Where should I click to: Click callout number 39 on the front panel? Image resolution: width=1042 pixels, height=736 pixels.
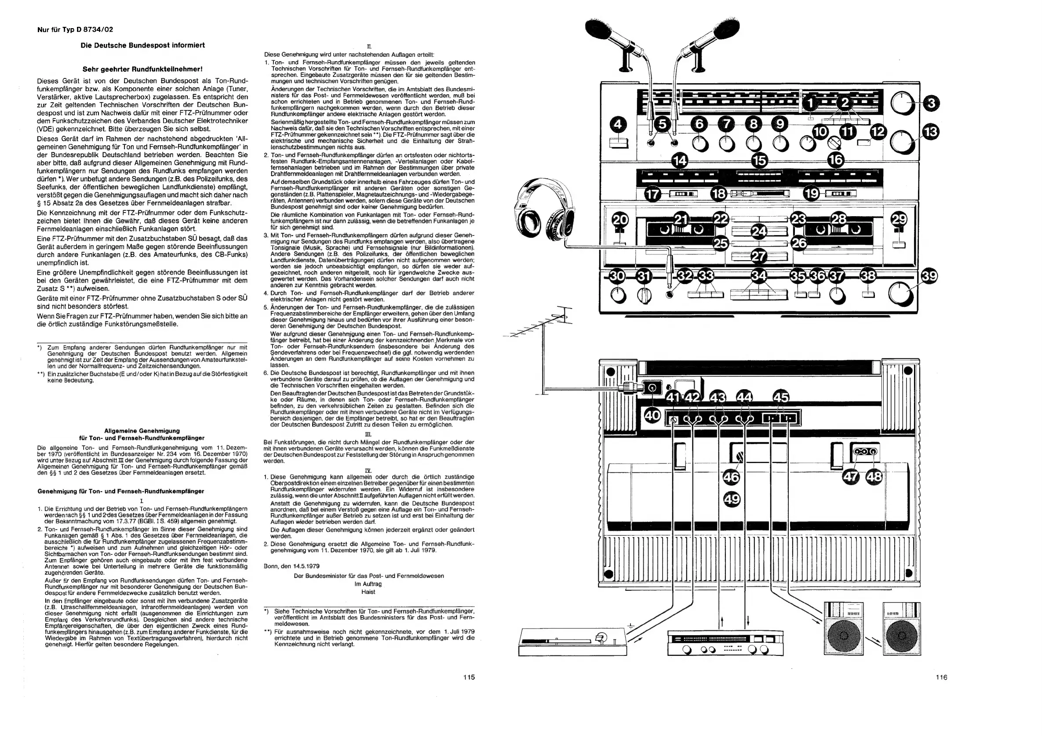pos(929,276)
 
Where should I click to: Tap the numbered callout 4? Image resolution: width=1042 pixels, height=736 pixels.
pos(619,124)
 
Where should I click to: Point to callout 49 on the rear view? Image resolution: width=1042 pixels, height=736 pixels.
pos(732,499)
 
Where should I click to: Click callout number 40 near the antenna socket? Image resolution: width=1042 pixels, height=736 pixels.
pos(652,415)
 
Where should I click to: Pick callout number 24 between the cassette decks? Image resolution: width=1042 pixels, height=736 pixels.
pos(758,232)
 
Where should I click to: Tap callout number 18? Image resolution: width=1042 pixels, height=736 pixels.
pos(719,194)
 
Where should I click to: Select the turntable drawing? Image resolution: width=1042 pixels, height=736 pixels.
pos(572,641)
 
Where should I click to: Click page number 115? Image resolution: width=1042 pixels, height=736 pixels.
pos(469,677)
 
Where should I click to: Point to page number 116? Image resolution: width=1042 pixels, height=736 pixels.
pos(941,677)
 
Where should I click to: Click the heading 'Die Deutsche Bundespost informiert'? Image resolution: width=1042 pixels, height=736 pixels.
pos(142,45)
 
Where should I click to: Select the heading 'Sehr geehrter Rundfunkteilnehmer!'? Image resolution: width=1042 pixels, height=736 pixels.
pos(142,69)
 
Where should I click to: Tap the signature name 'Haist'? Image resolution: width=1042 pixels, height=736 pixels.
pos(368,592)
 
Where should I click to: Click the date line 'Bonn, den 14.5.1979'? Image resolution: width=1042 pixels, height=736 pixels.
pos(291,566)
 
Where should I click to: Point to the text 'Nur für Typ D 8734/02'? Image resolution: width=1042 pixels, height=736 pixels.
pos(75,29)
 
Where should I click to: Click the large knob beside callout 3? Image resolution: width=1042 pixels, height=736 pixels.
pos(902,103)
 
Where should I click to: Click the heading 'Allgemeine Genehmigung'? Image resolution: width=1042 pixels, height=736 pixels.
pos(142,430)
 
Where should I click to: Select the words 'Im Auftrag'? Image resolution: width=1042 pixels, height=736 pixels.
pos(368,584)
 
